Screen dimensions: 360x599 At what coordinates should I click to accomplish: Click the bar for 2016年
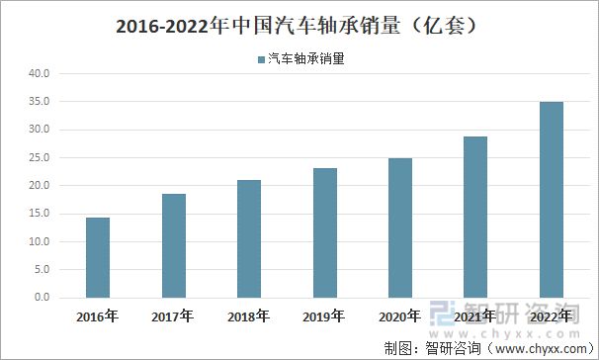click(x=98, y=257)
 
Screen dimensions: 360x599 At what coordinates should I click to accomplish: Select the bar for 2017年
click(x=174, y=245)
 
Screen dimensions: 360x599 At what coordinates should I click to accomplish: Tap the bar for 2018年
click(x=249, y=238)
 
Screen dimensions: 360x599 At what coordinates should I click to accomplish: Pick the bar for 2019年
click(x=325, y=232)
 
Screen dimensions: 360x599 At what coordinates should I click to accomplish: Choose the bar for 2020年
click(x=400, y=227)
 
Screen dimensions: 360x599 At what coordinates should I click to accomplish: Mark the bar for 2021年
click(x=475, y=217)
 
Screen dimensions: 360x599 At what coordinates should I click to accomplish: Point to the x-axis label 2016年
click(x=98, y=317)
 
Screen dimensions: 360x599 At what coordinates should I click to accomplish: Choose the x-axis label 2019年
click(x=325, y=317)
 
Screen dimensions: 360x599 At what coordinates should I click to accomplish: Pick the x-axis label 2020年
click(x=400, y=317)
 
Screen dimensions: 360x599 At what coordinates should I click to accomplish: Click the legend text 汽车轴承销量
click(x=306, y=58)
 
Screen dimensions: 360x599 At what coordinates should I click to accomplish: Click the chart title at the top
click(x=299, y=25)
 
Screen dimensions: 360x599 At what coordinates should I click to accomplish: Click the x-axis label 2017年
click(x=174, y=317)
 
